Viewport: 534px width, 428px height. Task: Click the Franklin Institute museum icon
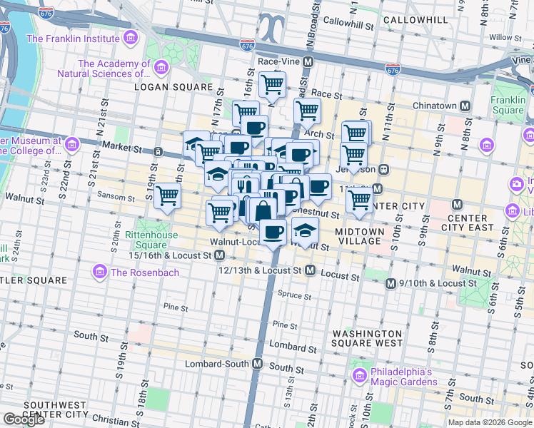coord(129,38)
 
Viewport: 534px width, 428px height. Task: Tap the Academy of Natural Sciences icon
coord(161,68)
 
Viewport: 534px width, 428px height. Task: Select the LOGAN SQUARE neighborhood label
coord(173,87)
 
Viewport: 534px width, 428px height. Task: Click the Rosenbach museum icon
coord(99,272)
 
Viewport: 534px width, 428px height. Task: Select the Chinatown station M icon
coord(465,106)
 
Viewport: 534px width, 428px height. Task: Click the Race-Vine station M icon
coord(308,62)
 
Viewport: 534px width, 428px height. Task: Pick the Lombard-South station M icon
coord(258,364)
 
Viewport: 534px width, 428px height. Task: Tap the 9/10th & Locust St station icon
coord(391,283)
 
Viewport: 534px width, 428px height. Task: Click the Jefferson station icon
coord(383,170)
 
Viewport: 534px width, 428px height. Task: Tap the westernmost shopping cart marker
coord(167,195)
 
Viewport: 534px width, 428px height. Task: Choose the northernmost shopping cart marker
coord(272,85)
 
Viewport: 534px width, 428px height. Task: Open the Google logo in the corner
coord(24,419)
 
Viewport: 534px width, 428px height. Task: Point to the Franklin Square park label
coord(508,105)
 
